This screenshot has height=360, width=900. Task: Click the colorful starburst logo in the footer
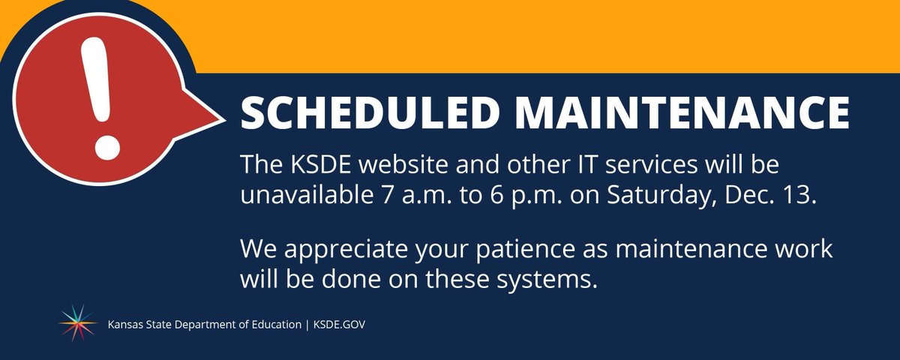78,323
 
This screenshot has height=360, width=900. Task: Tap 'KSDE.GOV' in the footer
340,325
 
